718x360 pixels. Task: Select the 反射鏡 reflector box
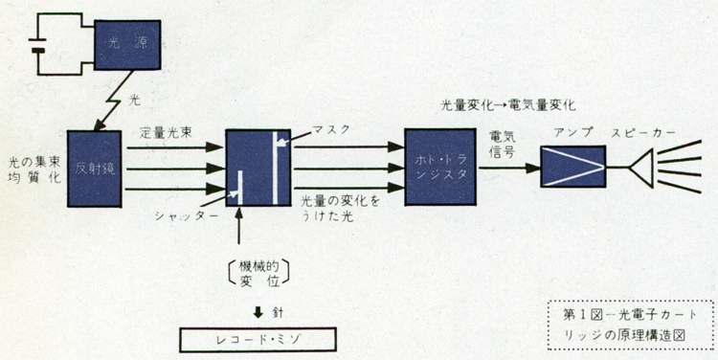point(96,166)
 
